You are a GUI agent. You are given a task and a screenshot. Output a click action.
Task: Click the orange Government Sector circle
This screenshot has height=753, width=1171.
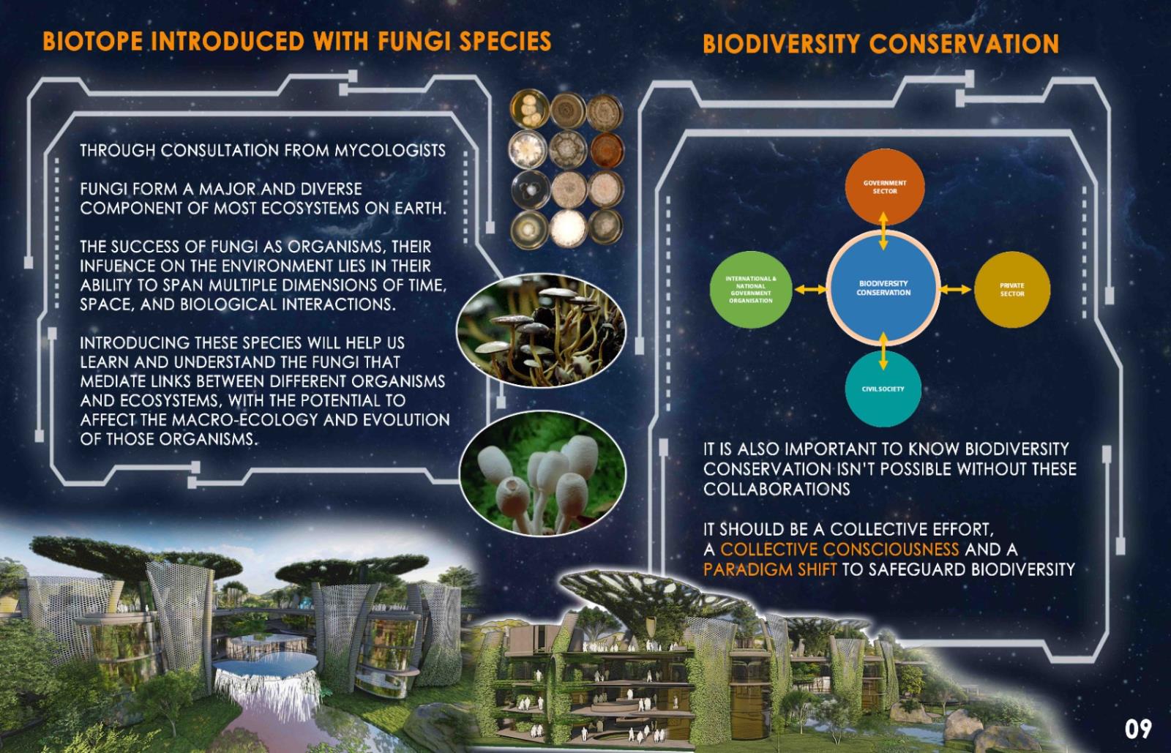885,187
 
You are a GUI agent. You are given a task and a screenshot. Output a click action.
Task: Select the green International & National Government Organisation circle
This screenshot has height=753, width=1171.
751,290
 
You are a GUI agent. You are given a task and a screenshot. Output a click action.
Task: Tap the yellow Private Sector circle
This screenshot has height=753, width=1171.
1012,290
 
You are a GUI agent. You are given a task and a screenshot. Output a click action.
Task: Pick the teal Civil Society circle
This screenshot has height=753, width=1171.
883,389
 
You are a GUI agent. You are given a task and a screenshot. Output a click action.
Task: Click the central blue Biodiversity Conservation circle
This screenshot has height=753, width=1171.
883,288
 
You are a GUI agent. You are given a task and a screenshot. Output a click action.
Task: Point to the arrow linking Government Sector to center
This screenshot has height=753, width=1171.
883,231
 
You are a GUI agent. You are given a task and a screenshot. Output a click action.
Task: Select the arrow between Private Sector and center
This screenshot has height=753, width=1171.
955,289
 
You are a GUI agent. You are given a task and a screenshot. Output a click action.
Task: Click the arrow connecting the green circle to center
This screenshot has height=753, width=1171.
811,290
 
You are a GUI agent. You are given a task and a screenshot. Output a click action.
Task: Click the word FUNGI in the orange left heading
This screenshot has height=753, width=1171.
413,41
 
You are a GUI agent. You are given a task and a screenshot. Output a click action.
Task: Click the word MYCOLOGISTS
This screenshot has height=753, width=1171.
390,151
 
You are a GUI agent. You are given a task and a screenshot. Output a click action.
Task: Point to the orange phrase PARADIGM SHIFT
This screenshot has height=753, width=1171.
769,569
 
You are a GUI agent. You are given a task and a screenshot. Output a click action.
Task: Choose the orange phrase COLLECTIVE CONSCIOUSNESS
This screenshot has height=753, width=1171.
839,550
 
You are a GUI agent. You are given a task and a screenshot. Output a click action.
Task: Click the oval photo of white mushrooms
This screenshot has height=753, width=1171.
542,473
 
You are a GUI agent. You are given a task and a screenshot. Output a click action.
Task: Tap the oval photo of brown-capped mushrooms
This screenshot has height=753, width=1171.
541,330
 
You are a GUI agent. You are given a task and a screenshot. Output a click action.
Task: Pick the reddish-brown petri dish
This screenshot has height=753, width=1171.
607,150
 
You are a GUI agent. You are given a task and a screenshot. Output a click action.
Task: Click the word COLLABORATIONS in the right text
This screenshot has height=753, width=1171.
777,489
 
